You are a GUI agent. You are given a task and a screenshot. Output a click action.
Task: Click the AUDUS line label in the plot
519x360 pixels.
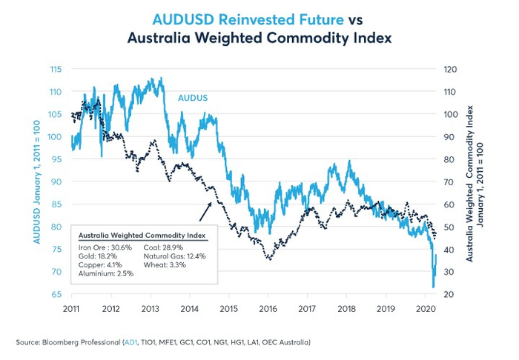(x=192, y=97)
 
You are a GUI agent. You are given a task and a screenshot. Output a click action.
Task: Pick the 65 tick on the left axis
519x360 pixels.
(x=56, y=295)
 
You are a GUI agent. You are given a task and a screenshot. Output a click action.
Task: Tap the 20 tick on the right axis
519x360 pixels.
(x=449, y=295)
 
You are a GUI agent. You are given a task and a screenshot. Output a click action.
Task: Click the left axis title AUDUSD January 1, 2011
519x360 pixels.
(x=36, y=181)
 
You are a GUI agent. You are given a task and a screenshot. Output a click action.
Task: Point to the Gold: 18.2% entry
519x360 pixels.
(x=97, y=256)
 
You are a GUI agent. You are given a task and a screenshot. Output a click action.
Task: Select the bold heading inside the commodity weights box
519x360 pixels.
(x=143, y=235)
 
